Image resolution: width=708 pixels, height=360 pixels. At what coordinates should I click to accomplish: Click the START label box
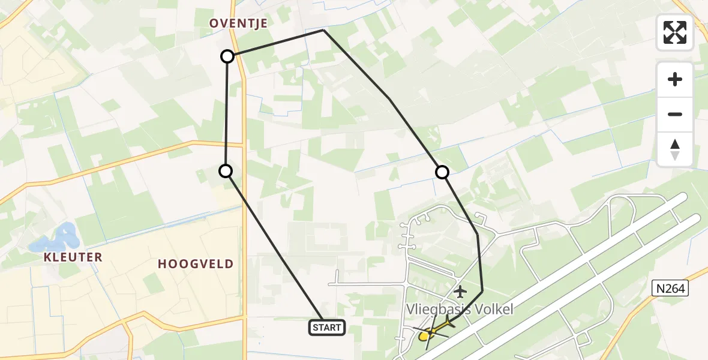327,328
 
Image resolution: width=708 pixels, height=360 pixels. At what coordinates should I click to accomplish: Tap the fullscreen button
675,32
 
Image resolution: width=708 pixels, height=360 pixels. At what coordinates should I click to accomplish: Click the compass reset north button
675,149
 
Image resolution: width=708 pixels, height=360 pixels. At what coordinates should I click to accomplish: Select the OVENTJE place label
238,23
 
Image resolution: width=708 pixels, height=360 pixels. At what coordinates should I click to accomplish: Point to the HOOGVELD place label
196,264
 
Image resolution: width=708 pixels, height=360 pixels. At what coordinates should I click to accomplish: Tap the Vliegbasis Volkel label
460,310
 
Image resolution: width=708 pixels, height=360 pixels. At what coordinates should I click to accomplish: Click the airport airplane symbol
460,292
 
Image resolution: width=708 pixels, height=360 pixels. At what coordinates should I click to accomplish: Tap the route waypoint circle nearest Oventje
227,56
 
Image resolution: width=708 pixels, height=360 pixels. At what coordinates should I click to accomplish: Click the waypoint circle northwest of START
226,172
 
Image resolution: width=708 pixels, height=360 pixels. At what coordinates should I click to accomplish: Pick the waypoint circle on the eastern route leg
442,173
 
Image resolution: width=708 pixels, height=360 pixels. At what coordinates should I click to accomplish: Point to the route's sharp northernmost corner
323,30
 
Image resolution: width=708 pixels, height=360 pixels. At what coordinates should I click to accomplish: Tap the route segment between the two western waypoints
226,114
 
